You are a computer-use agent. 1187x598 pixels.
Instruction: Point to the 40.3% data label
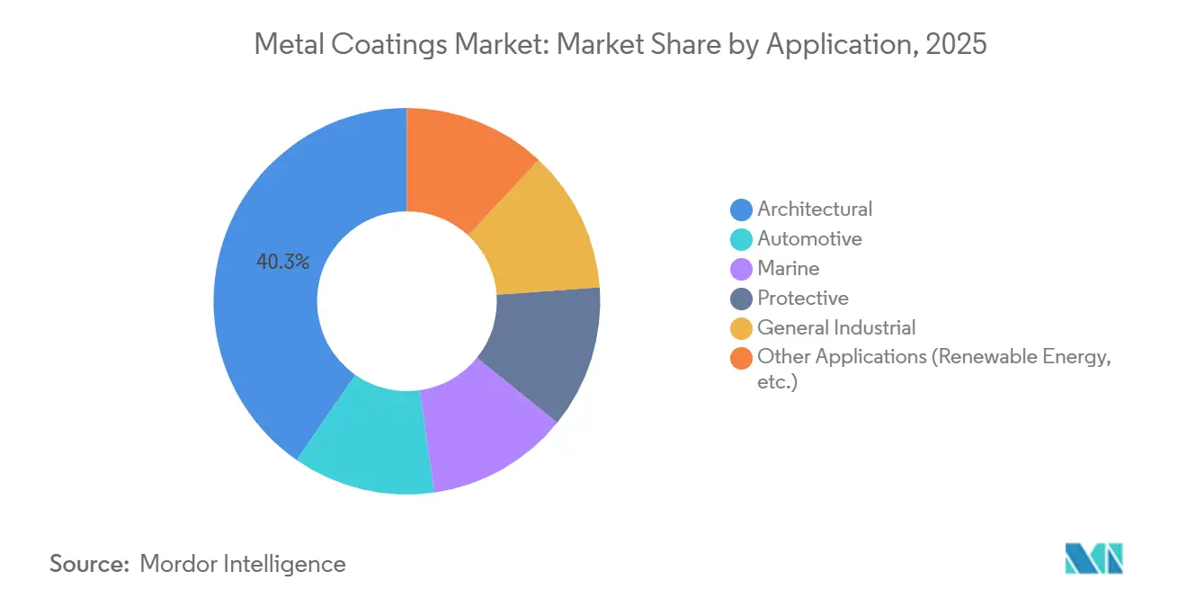(283, 263)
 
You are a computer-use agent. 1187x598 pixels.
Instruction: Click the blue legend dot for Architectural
(742, 210)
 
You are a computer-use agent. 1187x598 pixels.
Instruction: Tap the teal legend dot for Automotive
(742, 239)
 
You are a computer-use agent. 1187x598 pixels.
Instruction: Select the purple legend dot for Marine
(742, 269)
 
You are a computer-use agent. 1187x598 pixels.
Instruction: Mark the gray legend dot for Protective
(742, 299)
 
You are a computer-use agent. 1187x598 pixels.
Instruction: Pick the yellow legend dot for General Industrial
(742, 328)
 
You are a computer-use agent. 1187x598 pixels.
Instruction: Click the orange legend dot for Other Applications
(742, 358)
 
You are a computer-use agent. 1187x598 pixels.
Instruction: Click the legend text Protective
(803, 298)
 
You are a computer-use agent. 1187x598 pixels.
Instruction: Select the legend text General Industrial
(836, 327)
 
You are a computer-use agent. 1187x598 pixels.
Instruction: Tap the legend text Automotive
(809, 238)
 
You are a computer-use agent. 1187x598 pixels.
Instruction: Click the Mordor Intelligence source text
(243, 564)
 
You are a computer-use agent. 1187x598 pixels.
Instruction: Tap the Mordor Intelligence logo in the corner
(1093, 558)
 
